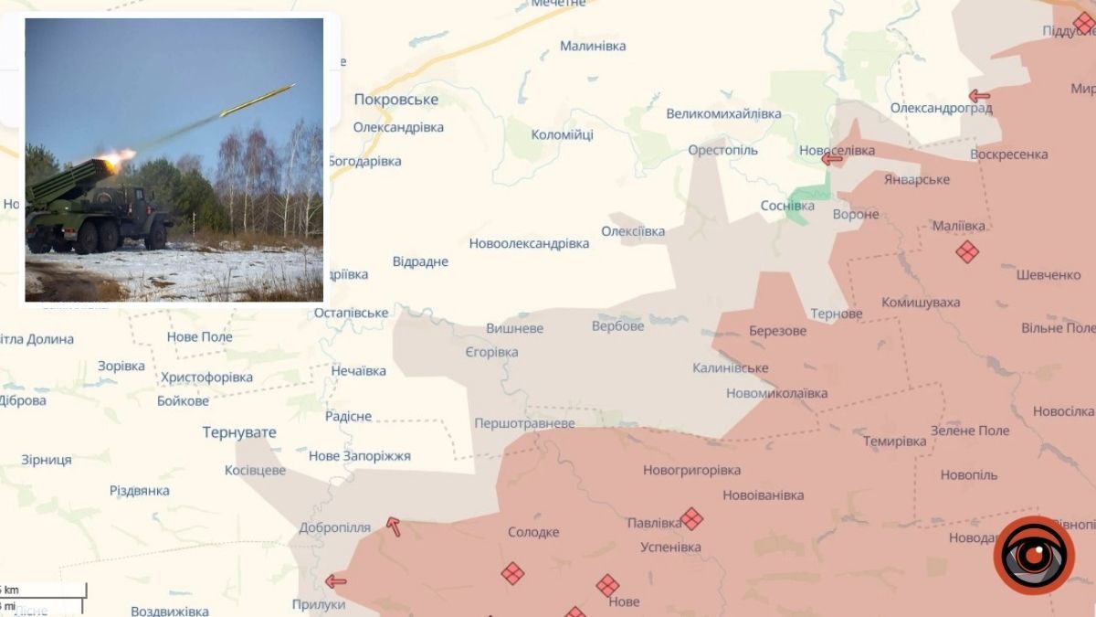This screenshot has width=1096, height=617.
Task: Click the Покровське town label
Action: [395, 100]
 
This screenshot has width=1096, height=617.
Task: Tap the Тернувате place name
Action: [239, 432]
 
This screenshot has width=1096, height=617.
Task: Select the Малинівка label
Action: [593, 46]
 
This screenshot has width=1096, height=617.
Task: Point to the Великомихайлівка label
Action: [723, 114]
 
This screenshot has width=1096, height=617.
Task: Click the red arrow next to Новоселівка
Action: [831, 159]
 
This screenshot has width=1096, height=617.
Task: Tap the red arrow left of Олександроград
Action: [979, 95]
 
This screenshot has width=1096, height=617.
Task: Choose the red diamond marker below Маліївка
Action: [967, 251]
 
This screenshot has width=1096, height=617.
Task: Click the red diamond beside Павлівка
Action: [691, 518]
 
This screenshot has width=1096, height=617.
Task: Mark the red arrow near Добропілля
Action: [393, 527]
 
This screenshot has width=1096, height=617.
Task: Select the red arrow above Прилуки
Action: [336, 580]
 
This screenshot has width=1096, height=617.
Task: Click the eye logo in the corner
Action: [1034, 555]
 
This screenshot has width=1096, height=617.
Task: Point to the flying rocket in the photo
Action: [258, 100]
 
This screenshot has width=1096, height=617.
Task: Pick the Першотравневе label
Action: [524, 423]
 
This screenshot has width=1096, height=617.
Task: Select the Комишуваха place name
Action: [921, 303]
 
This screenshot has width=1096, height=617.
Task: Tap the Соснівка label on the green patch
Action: [787, 206]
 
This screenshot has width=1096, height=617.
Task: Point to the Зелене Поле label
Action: [970, 431]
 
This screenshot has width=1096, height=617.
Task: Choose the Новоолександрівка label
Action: [529, 244]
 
